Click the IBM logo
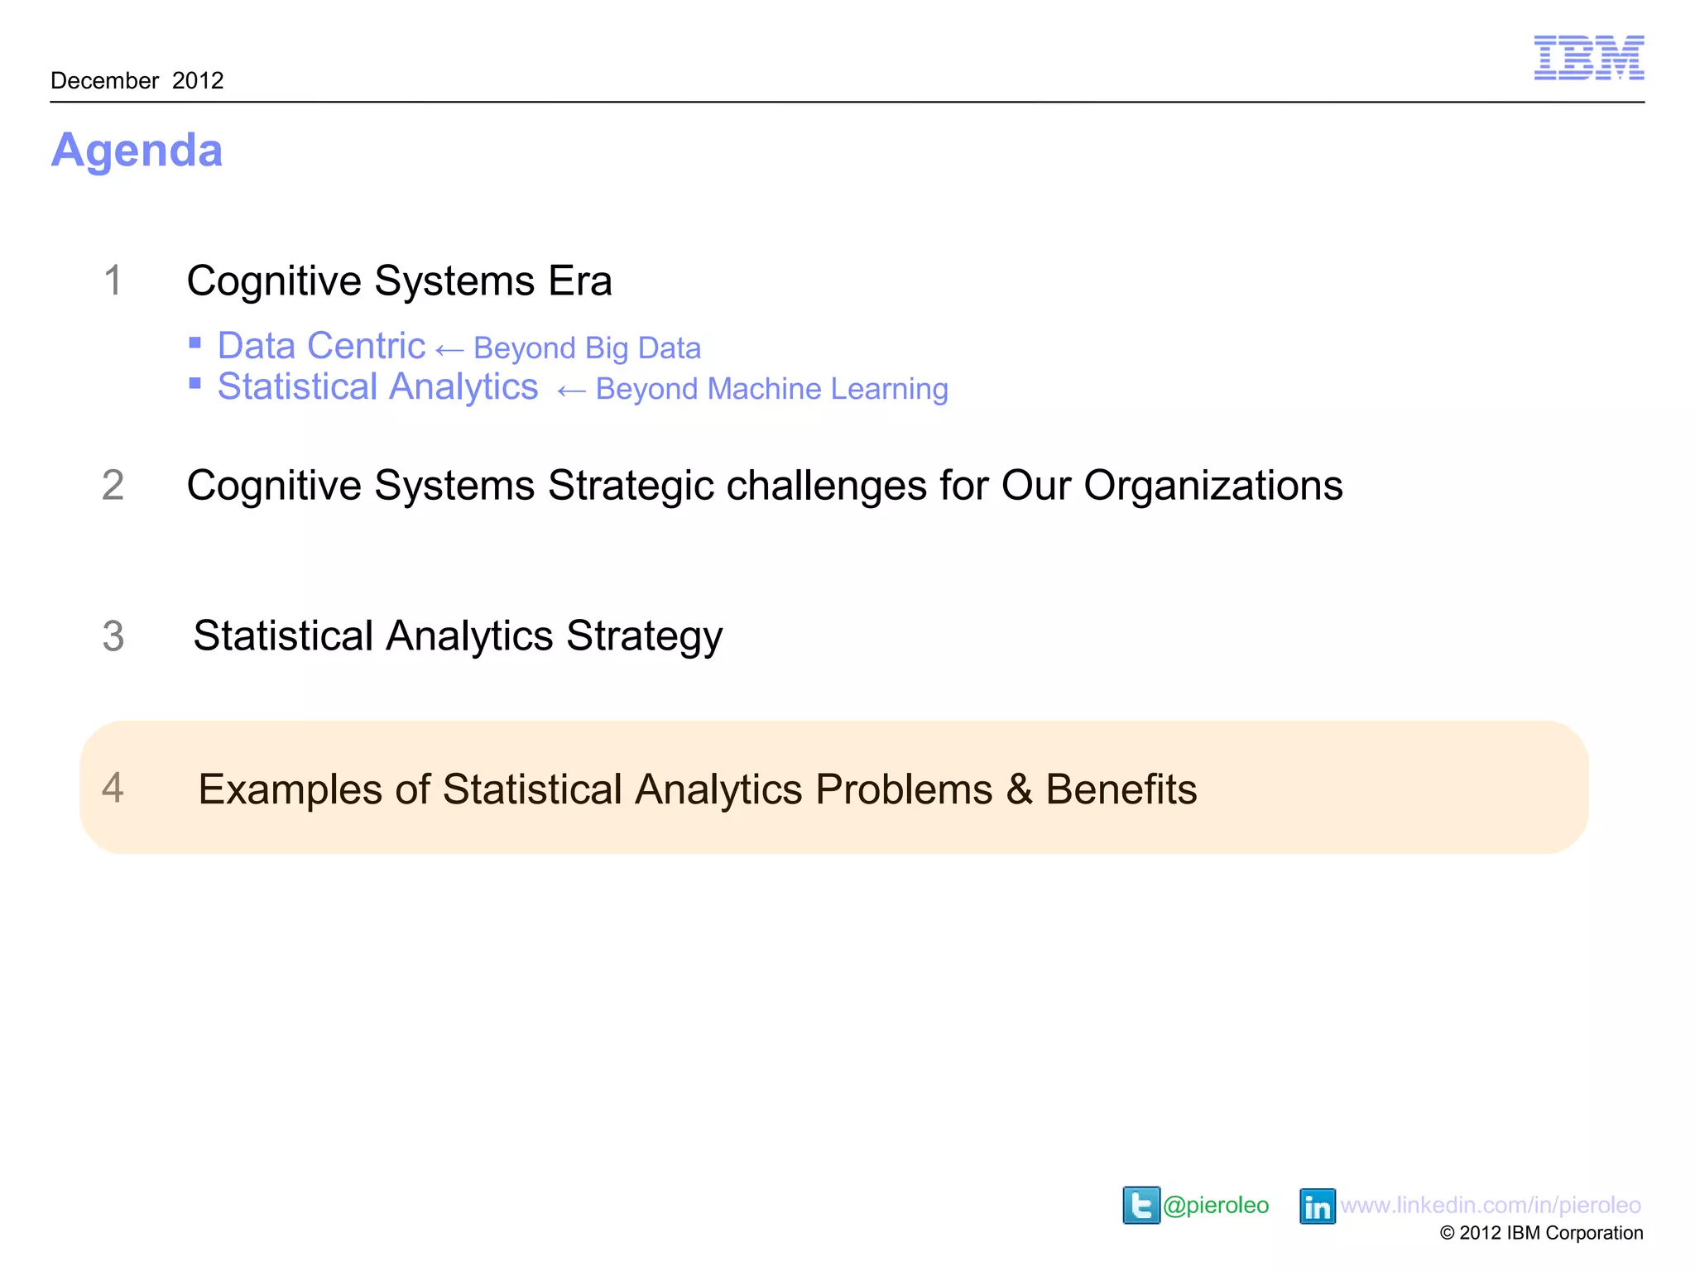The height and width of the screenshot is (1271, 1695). click(x=1588, y=58)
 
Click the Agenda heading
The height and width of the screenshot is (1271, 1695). click(x=137, y=151)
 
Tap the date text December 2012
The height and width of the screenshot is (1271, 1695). click(x=137, y=80)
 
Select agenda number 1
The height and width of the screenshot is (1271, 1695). click(x=113, y=281)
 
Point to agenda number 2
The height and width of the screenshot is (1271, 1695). click(x=113, y=485)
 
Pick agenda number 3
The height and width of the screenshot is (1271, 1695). click(x=113, y=636)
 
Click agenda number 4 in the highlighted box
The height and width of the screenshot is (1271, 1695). click(x=113, y=788)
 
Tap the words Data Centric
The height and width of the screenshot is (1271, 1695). click(x=321, y=346)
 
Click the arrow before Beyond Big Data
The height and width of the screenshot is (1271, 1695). click(x=449, y=350)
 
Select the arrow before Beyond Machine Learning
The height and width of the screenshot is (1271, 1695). click(x=571, y=391)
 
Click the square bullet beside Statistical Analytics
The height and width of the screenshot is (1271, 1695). click(x=195, y=383)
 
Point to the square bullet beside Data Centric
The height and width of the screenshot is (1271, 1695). click(x=195, y=343)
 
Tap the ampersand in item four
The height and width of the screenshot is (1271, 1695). click(x=1019, y=789)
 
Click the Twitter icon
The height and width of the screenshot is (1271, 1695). click(x=1140, y=1205)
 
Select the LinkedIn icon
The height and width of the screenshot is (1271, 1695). click(x=1317, y=1206)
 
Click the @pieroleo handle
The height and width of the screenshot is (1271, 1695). click(x=1216, y=1205)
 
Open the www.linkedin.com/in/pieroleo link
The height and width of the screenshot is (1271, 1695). click(x=1491, y=1205)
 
